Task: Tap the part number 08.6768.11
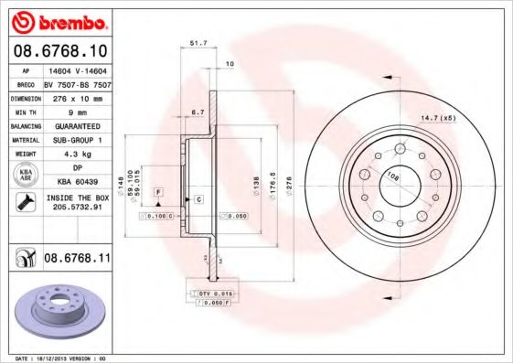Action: point(77,259)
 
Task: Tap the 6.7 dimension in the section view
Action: point(198,112)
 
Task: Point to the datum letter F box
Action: point(158,190)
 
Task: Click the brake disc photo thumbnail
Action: point(58,310)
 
